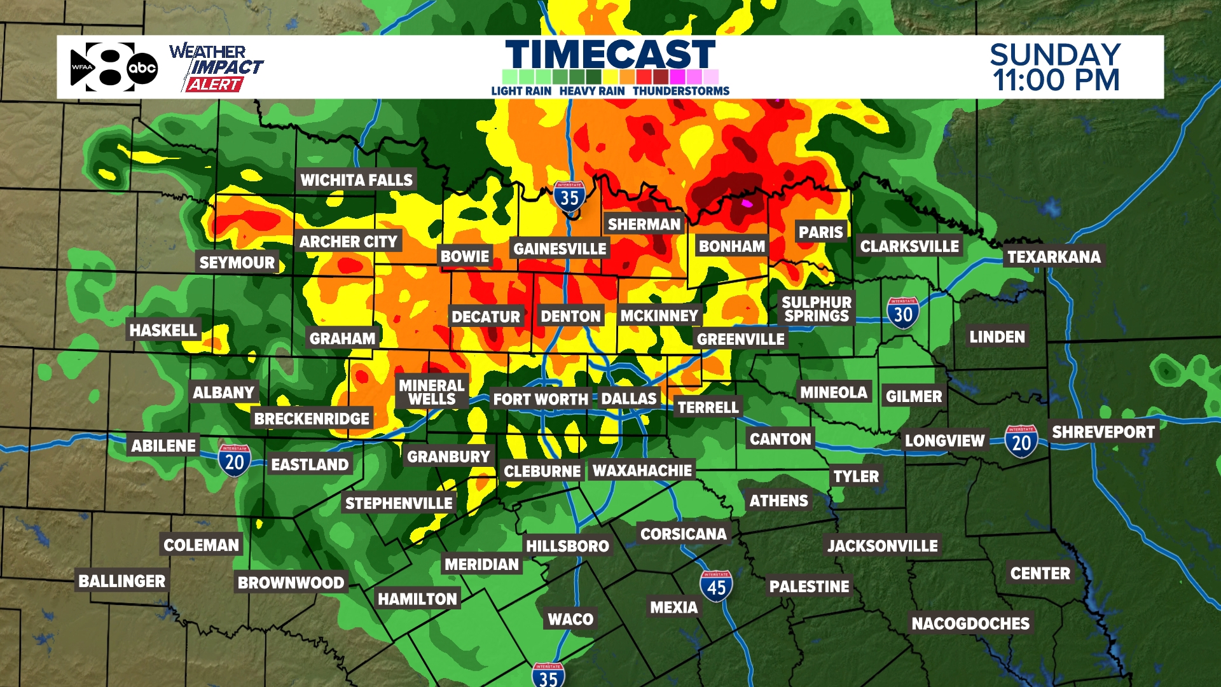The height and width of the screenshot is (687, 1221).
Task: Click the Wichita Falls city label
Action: [356, 180]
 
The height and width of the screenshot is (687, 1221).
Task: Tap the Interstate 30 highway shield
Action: [903, 313]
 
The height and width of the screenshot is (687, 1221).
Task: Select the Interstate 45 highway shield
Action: [716, 586]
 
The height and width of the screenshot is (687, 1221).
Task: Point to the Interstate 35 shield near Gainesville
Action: [569, 197]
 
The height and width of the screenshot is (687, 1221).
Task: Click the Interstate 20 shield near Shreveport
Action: [1021, 441]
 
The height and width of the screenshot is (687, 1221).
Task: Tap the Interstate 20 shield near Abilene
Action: [235, 461]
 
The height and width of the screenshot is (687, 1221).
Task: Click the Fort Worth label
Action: [541, 399]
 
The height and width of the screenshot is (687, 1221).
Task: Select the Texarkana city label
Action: [1054, 257]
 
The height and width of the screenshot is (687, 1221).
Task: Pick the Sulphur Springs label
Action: [817, 309]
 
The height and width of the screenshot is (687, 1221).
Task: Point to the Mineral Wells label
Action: [432, 392]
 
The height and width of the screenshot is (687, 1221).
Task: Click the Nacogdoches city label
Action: [970, 623]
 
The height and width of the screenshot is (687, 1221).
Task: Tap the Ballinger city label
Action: [122, 581]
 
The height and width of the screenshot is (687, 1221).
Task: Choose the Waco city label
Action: [570, 619]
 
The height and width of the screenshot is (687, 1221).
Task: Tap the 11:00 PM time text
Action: [1056, 81]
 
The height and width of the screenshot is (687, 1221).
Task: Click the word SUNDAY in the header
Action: [1055, 55]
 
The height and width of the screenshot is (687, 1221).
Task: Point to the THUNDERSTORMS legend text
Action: [681, 91]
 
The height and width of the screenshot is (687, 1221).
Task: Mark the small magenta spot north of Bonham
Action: [747, 204]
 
